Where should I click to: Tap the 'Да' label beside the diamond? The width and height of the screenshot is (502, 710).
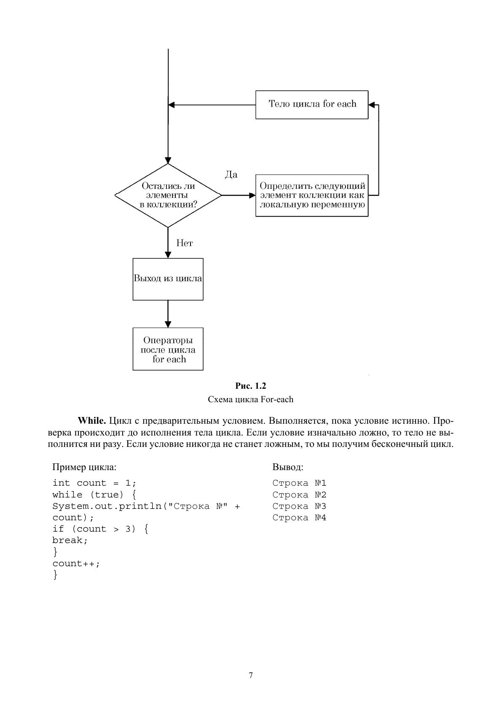231,175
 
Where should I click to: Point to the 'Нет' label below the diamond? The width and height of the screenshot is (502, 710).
185,243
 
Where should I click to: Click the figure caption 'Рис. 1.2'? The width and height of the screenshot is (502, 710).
251,386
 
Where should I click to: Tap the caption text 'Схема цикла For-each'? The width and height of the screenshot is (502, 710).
251,399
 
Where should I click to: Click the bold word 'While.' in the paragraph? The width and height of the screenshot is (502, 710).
92,421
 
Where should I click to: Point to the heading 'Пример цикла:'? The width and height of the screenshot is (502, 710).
84,467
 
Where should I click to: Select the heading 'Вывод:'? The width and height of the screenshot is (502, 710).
288,467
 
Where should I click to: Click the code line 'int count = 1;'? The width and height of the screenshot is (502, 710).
94,483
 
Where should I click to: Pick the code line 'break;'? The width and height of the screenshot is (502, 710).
70,540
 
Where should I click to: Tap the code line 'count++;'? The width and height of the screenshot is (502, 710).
76,563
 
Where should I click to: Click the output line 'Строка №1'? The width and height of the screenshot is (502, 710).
299,483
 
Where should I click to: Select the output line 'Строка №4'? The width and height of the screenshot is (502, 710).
299,518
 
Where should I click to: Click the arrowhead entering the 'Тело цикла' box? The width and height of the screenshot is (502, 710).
372,105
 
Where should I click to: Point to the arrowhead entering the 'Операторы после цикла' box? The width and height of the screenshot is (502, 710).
168,324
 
